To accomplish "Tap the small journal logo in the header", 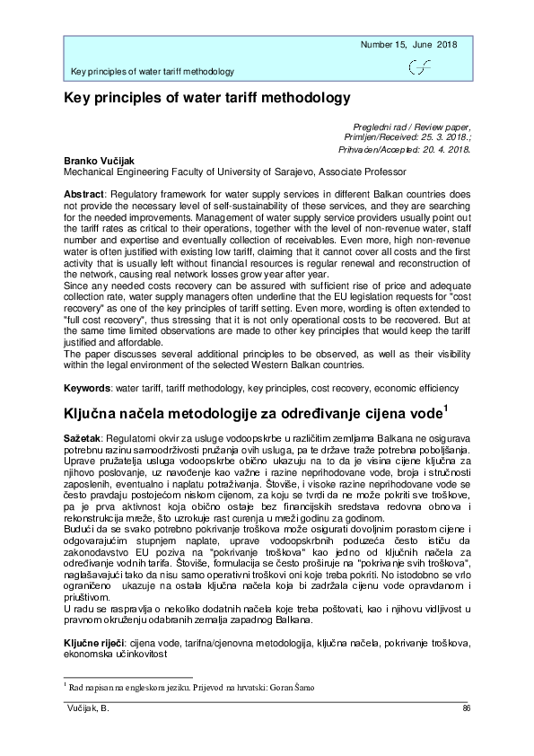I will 418,66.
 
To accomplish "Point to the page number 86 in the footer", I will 466,709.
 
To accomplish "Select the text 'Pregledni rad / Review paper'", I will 412,127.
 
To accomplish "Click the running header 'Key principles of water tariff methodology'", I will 153,72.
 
